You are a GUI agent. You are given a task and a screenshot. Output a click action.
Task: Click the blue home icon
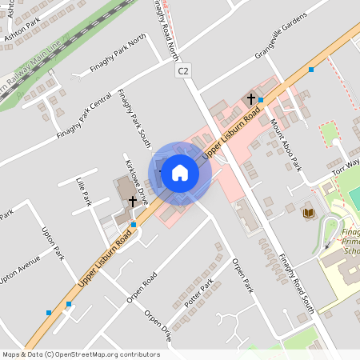point(180,173)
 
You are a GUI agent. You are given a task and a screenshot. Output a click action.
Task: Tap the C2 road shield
point(184,71)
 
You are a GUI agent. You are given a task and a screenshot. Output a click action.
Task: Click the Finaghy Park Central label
point(84,114)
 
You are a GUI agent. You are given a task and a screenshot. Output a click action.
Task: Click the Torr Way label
point(346,163)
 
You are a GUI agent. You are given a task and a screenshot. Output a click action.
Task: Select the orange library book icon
point(309,213)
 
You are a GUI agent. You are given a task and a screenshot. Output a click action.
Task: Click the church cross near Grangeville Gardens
point(251,98)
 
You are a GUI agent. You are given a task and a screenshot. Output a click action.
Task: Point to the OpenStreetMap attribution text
point(80,354)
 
